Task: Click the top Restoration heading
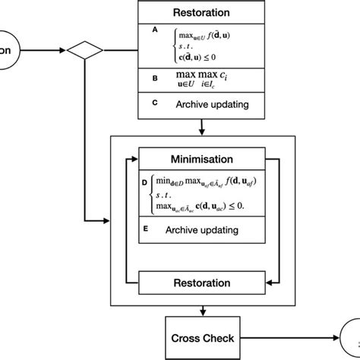pyautogui.click(x=201, y=12)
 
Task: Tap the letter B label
pyautogui.click(x=155, y=77)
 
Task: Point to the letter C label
pyautogui.click(x=155, y=104)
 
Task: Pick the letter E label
pyautogui.click(x=144, y=228)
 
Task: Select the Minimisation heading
pyautogui.click(x=201, y=159)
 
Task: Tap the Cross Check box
pyautogui.click(x=201, y=338)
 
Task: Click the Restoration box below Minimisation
pyautogui.click(x=201, y=283)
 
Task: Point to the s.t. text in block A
pyautogui.click(x=186, y=47)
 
